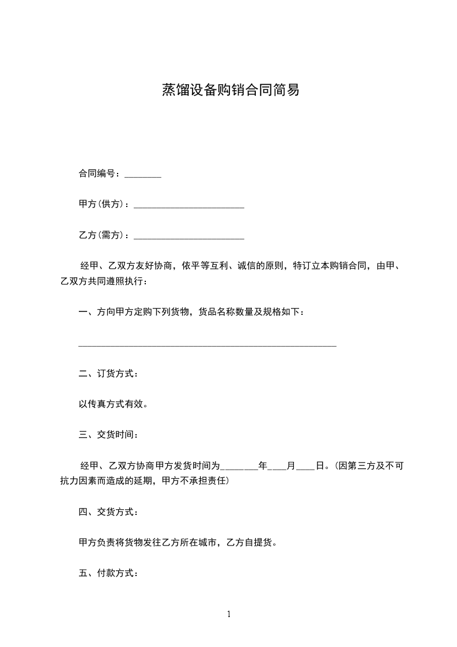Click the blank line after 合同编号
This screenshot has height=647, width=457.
click(143, 175)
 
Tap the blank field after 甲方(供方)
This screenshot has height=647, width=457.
click(188, 206)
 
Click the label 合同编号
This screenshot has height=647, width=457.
click(98, 174)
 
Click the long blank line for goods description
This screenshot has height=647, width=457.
click(207, 345)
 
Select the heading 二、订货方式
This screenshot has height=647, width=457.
click(108, 374)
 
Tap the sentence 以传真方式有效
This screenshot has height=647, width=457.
click(113, 404)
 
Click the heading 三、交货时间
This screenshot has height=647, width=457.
click(108, 435)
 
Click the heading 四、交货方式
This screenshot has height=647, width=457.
click(108, 511)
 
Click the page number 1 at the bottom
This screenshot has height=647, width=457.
click(229, 615)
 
